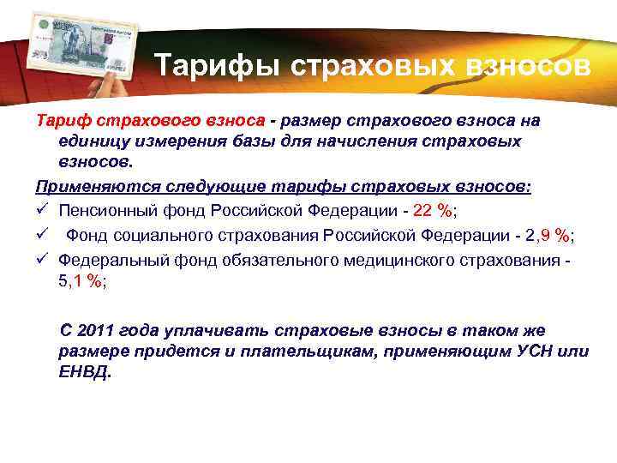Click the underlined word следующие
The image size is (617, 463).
[188, 186]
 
